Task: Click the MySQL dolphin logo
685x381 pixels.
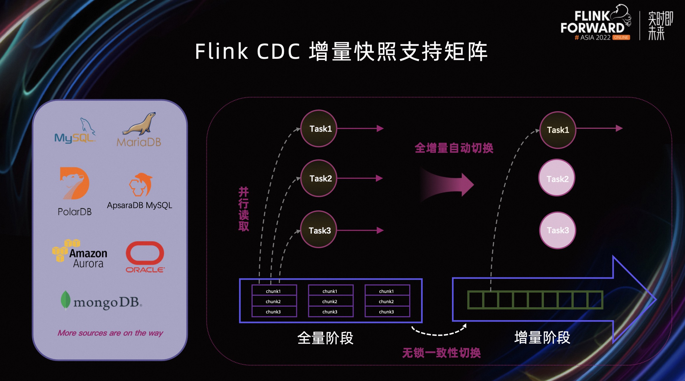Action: click(75, 131)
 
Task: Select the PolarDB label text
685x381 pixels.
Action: click(75, 212)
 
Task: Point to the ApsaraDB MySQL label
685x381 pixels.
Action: click(139, 205)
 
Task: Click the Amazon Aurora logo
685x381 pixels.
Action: click(80, 254)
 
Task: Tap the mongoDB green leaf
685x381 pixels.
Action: click(66, 300)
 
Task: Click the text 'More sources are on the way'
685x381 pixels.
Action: click(110, 333)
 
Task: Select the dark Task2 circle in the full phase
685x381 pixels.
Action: click(319, 178)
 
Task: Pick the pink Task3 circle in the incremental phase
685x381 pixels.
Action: click(557, 230)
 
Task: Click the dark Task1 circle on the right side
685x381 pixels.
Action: click(558, 130)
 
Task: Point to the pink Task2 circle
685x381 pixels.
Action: click(557, 179)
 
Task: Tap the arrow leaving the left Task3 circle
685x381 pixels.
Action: click(360, 231)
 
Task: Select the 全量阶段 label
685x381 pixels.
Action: click(325, 338)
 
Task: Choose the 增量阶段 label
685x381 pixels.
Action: click(542, 337)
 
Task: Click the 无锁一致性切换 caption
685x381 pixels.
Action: click(441, 353)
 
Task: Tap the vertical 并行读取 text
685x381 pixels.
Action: click(244, 209)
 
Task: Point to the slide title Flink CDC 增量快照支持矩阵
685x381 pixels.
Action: click(341, 52)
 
